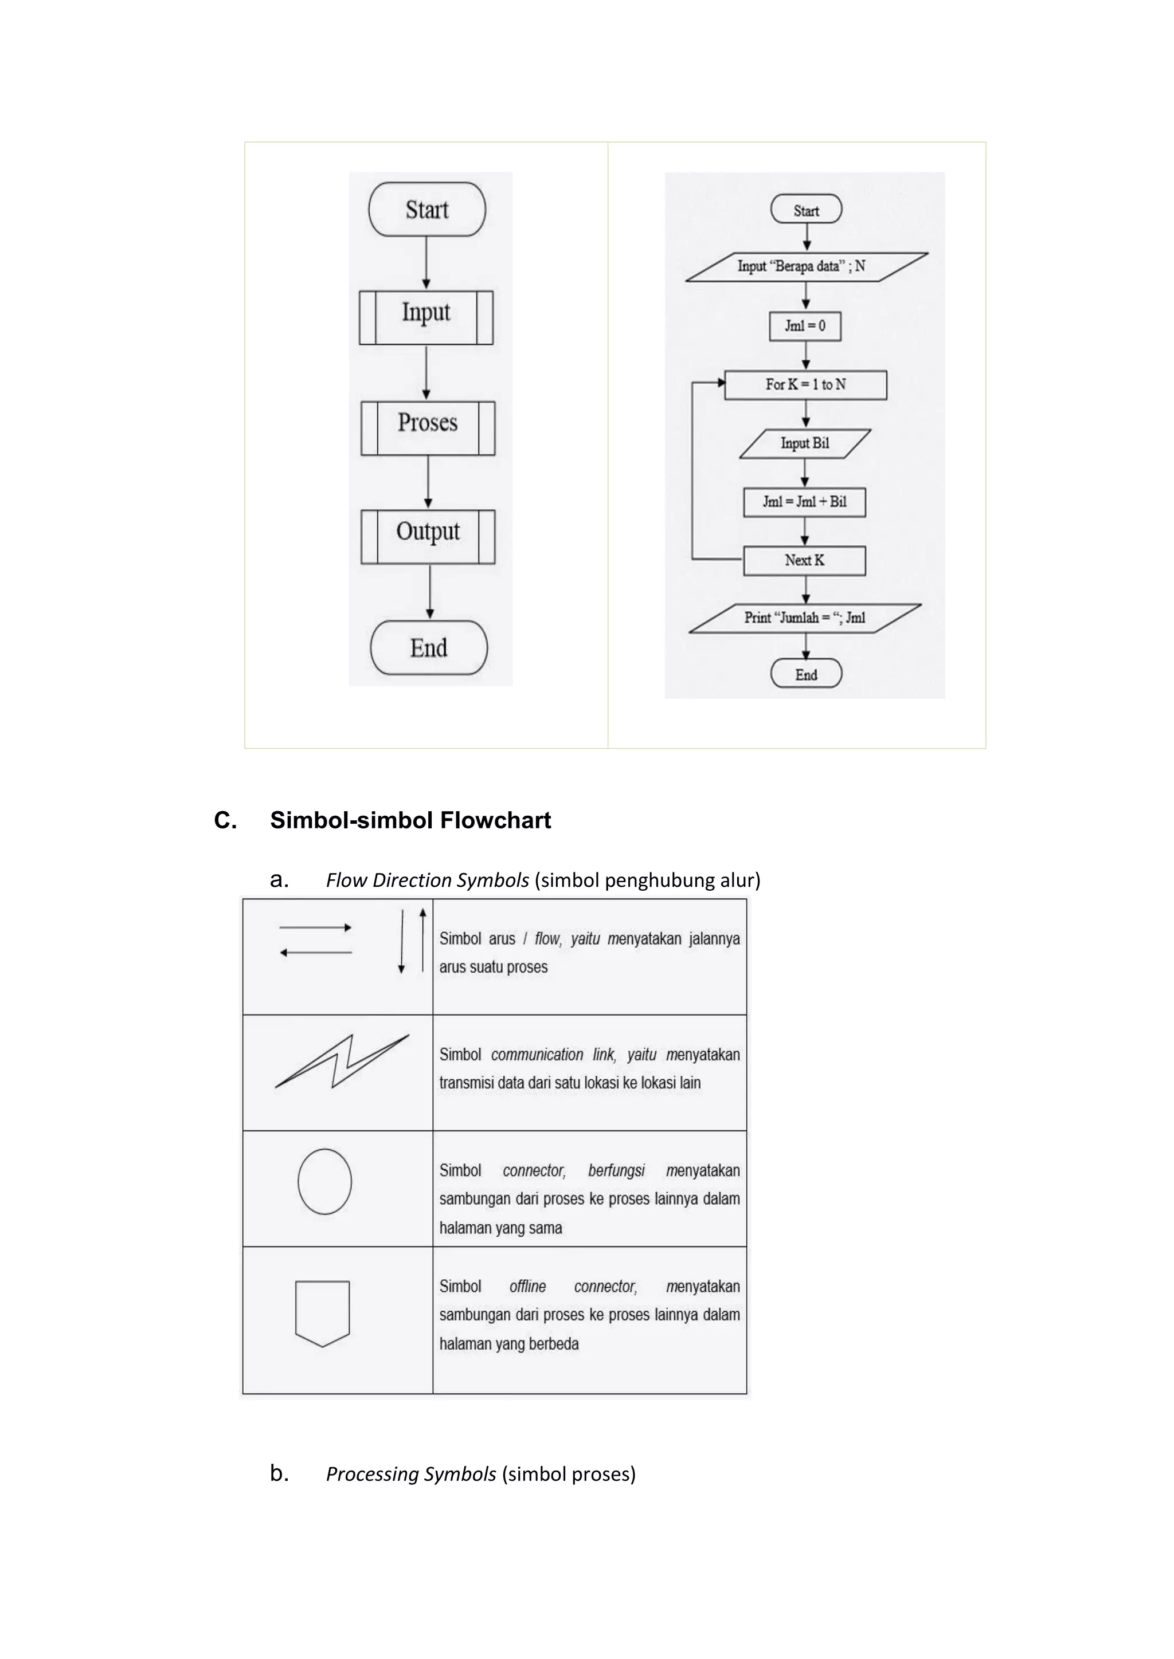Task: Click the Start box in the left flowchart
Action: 426,210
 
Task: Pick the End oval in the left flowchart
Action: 429,647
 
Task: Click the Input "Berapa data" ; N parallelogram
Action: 805,266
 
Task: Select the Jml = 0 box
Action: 805,326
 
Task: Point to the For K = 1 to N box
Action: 805,385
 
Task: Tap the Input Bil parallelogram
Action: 805,443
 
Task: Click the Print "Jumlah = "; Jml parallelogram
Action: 805,618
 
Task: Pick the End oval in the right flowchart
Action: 806,674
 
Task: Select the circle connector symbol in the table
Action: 324,1181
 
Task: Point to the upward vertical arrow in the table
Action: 423,939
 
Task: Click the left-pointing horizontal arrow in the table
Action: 316,952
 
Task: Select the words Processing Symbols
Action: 410,1474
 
